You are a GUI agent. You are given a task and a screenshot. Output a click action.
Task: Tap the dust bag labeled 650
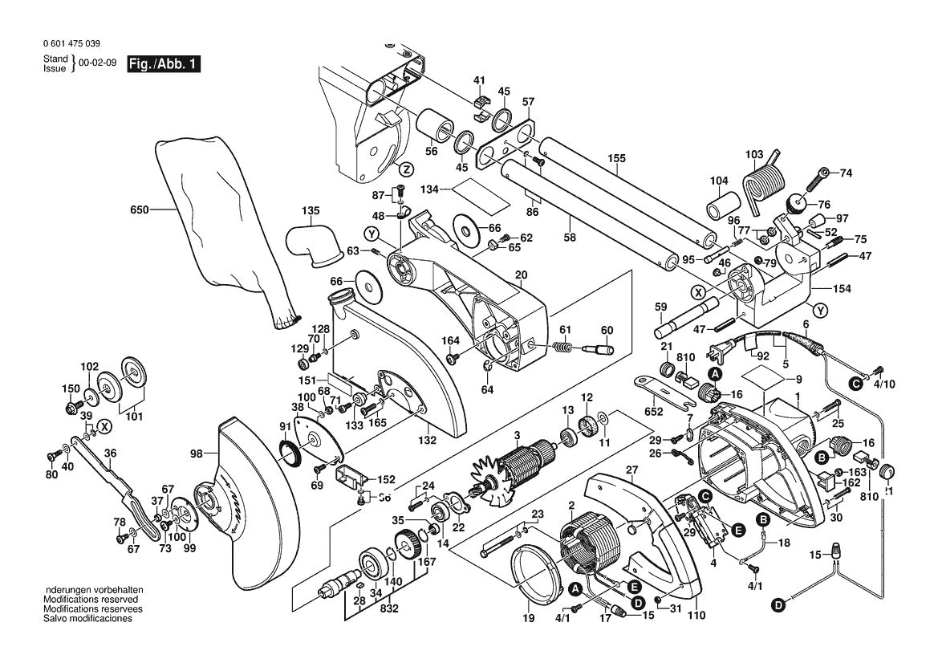click(217, 233)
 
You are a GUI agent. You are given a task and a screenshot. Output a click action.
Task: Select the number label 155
click(616, 159)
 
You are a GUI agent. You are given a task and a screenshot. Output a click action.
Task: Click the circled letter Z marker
click(406, 169)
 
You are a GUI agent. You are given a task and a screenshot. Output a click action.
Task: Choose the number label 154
click(843, 289)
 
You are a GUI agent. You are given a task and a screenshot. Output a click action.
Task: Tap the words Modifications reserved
click(90, 600)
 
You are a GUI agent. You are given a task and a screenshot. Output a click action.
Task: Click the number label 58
click(571, 239)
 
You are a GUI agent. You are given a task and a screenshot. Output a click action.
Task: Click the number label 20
click(521, 275)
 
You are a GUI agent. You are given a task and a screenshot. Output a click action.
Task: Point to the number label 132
click(427, 441)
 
